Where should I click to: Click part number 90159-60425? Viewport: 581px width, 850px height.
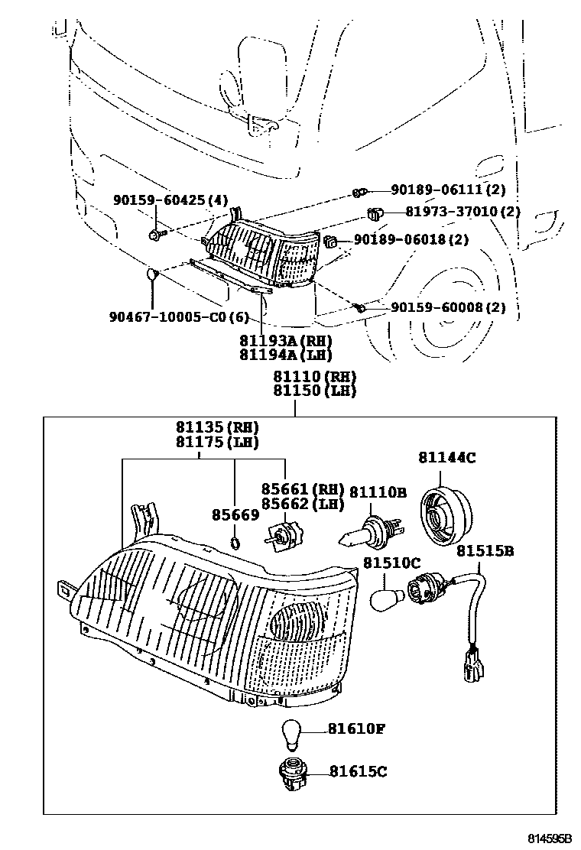click(161, 200)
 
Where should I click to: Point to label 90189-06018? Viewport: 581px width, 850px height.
click(401, 240)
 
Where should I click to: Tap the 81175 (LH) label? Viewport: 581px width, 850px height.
click(216, 442)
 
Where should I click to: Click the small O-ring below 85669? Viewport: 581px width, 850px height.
click(236, 544)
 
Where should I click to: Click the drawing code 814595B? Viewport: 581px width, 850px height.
click(548, 839)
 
